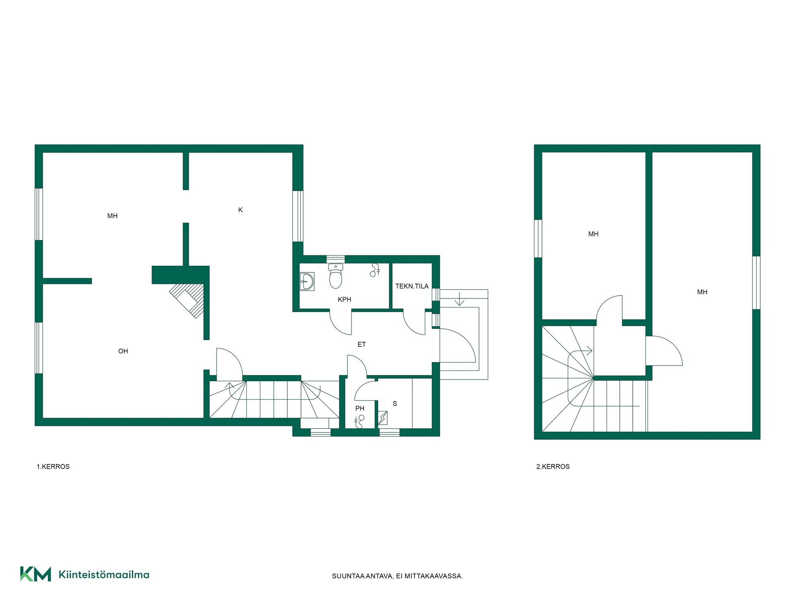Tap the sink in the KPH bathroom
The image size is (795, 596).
click(x=307, y=281)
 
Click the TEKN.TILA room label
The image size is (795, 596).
click(x=412, y=286)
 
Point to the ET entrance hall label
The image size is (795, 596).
click(x=361, y=344)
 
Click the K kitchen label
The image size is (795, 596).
click(x=240, y=210)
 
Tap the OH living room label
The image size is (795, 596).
click(x=123, y=351)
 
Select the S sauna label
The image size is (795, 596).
click(x=395, y=404)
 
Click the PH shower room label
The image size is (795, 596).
click(x=359, y=409)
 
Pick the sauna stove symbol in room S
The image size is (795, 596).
click(x=383, y=418)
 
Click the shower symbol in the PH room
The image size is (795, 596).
click(x=359, y=421)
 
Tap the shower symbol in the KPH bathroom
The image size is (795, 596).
click(x=375, y=270)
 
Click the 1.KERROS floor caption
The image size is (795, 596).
click(x=53, y=466)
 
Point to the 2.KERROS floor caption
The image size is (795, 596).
click(x=553, y=466)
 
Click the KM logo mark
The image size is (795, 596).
click(x=36, y=574)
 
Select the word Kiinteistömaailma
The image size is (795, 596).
click(x=104, y=574)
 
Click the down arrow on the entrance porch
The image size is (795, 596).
click(x=459, y=299)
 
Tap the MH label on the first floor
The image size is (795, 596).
click(x=112, y=216)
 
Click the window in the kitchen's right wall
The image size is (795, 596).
click(x=298, y=216)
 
